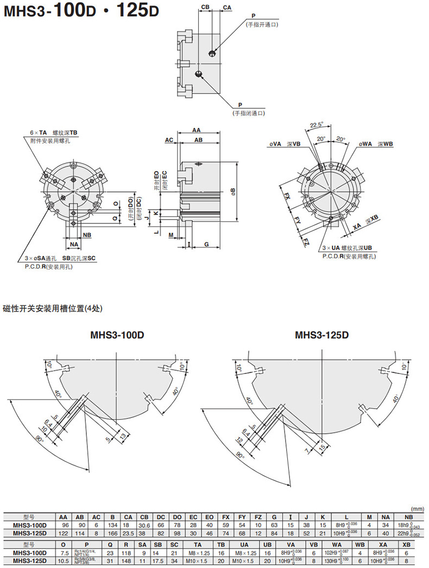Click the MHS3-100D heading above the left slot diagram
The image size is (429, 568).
tap(117, 335)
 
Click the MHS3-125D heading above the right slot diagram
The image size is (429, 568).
tap(321, 335)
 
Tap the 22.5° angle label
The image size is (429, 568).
tap(316, 123)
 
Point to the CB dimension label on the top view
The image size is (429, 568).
tap(205, 7)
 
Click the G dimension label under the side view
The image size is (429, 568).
tap(207, 245)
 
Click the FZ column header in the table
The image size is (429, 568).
tap(259, 518)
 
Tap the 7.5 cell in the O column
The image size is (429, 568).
tap(63, 553)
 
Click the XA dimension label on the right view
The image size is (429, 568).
tap(357, 226)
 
